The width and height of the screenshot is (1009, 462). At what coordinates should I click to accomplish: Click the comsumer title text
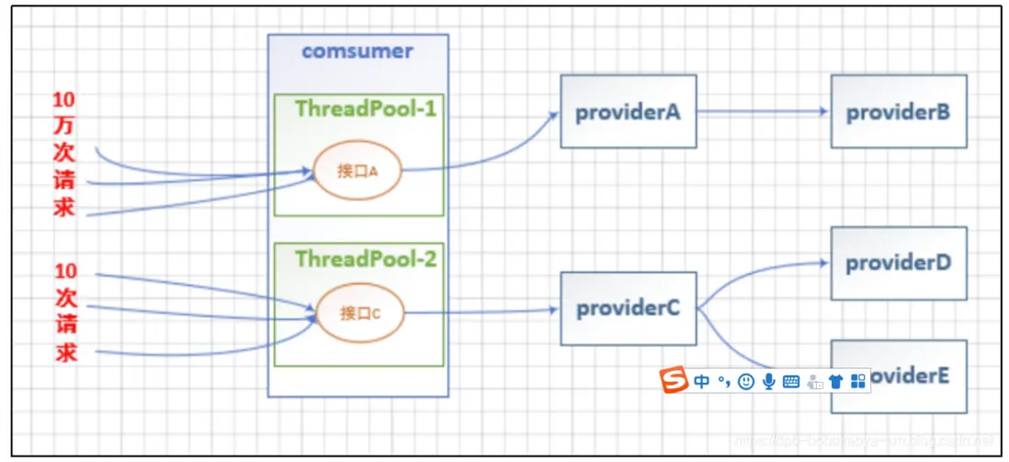pyautogui.click(x=357, y=52)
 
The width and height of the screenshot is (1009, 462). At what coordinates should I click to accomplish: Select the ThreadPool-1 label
pyautogui.click(x=366, y=109)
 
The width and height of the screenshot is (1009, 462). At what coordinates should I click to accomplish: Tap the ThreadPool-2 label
pyautogui.click(x=366, y=259)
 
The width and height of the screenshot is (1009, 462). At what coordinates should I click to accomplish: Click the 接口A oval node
pyautogui.click(x=357, y=170)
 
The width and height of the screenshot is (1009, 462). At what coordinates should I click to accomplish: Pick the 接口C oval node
pyautogui.click(x=358, y=313)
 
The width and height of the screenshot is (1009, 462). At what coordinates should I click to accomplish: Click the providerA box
pyautogui.click(x=628, y=111)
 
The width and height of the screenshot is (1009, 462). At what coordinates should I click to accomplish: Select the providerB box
pyautogui.click(x=898, y=112)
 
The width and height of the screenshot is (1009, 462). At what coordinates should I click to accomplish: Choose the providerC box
pyautogui.click(x=628, y=309)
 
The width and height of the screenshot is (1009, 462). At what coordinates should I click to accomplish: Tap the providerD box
pyautogui.click(x=898, y=263)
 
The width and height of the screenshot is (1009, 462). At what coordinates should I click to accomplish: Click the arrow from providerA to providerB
pyautogui.click(x=763, y=111)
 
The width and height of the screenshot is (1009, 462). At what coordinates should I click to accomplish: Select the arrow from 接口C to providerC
pyautogui.click(x=482, y=311)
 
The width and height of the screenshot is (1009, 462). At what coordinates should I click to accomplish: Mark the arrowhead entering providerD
pyautogui.click(x=822, y=261)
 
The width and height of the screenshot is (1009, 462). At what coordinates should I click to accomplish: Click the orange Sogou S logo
pyautogui.click(x=675, y=379)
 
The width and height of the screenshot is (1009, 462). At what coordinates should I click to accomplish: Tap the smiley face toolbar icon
pyautogui.click(x=746, y=381)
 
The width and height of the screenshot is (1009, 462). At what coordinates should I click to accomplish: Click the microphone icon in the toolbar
pyautogui.click(x=768, y=381)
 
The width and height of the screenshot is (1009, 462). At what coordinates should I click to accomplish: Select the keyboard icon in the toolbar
pyautogui.click(x=790, y=381)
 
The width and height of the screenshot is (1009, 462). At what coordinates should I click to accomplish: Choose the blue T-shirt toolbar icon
pyautogui.click(x=835, y=381)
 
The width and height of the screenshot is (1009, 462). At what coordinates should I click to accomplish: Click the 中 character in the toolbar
pyautogui.click(x=702, y=381)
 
